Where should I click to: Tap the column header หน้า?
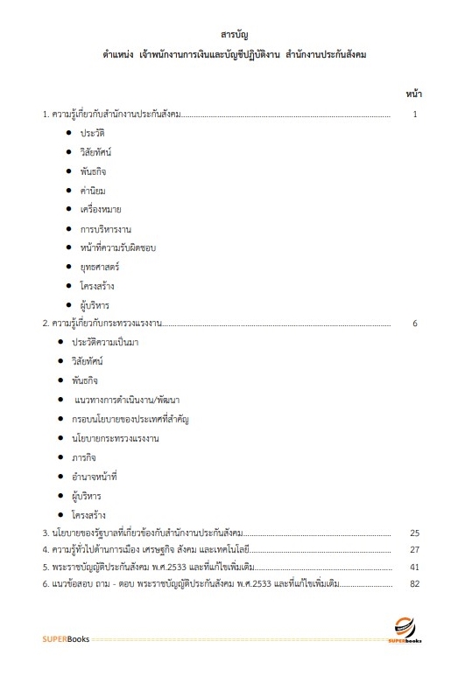click(x=415, y=93)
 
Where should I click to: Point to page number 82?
click(x=415, y=584)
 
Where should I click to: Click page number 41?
click(x=415, y=567)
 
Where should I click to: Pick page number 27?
click(x=415, y=550)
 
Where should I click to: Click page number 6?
click(x=415, y=324)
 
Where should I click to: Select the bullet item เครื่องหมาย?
click(x=101, y=209)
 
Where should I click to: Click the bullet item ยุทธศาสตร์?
click(x=100, y=267)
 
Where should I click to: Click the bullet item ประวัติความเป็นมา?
click(x=112, y=343)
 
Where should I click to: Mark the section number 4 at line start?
click(x=46, y=550)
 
